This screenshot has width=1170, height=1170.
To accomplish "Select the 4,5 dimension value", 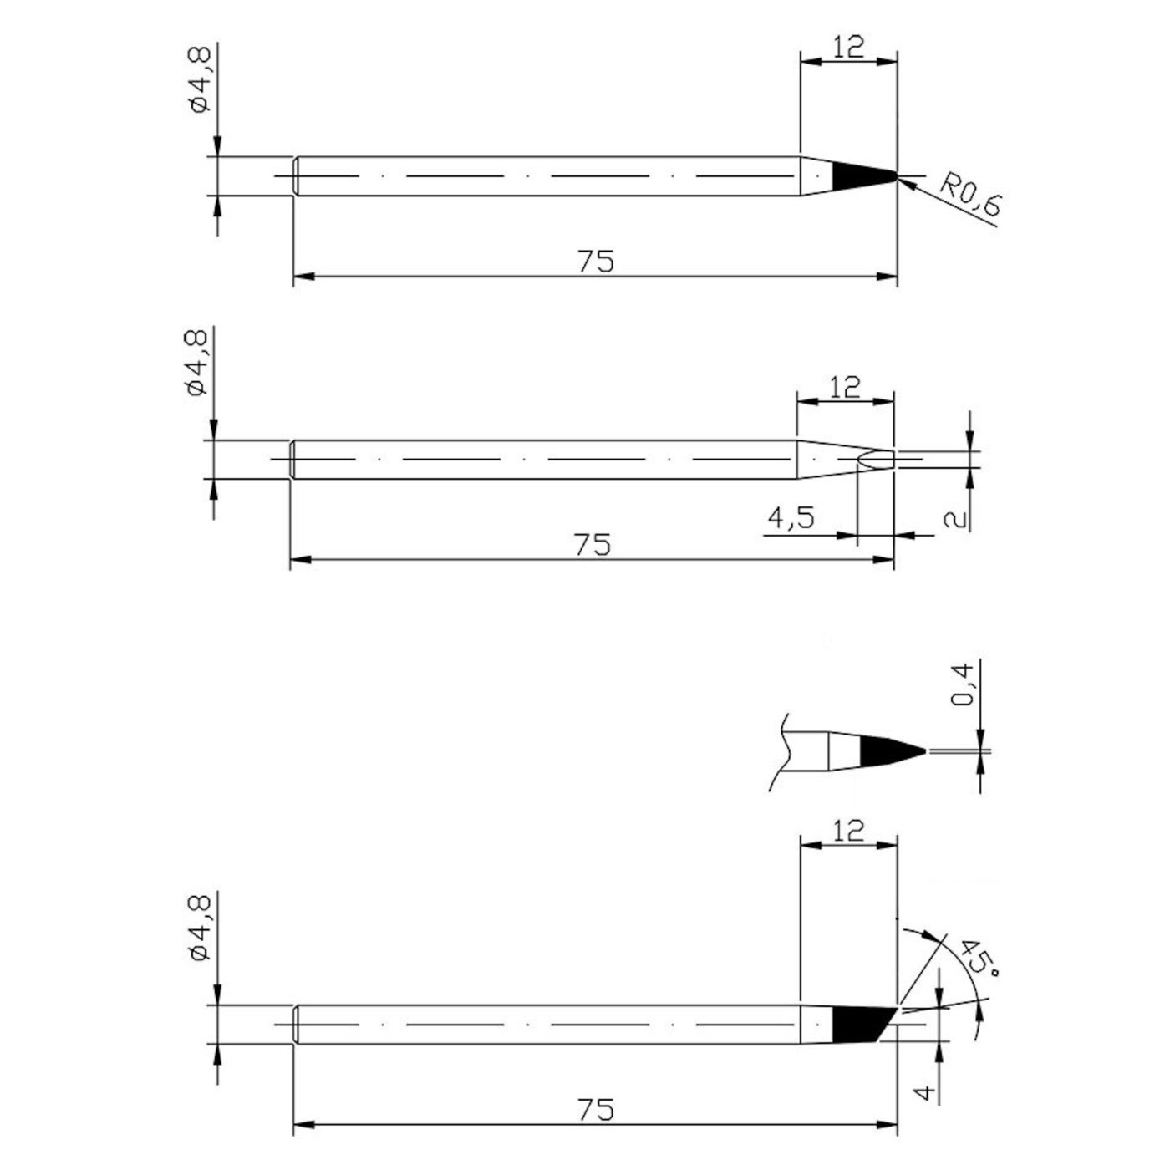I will (791, 519).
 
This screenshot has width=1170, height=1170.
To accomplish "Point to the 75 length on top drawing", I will (595, 262).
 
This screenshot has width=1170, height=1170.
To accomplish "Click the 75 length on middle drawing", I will (593, 545).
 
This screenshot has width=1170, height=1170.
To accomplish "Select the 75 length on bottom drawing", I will (595, 1110).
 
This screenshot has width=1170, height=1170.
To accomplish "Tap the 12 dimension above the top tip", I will (848, 47).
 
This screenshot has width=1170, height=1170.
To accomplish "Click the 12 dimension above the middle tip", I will (846, 387).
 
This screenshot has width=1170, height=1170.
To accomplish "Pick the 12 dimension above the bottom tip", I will (848, 831).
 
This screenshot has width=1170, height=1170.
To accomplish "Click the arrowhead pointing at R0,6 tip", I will (908, 182).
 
